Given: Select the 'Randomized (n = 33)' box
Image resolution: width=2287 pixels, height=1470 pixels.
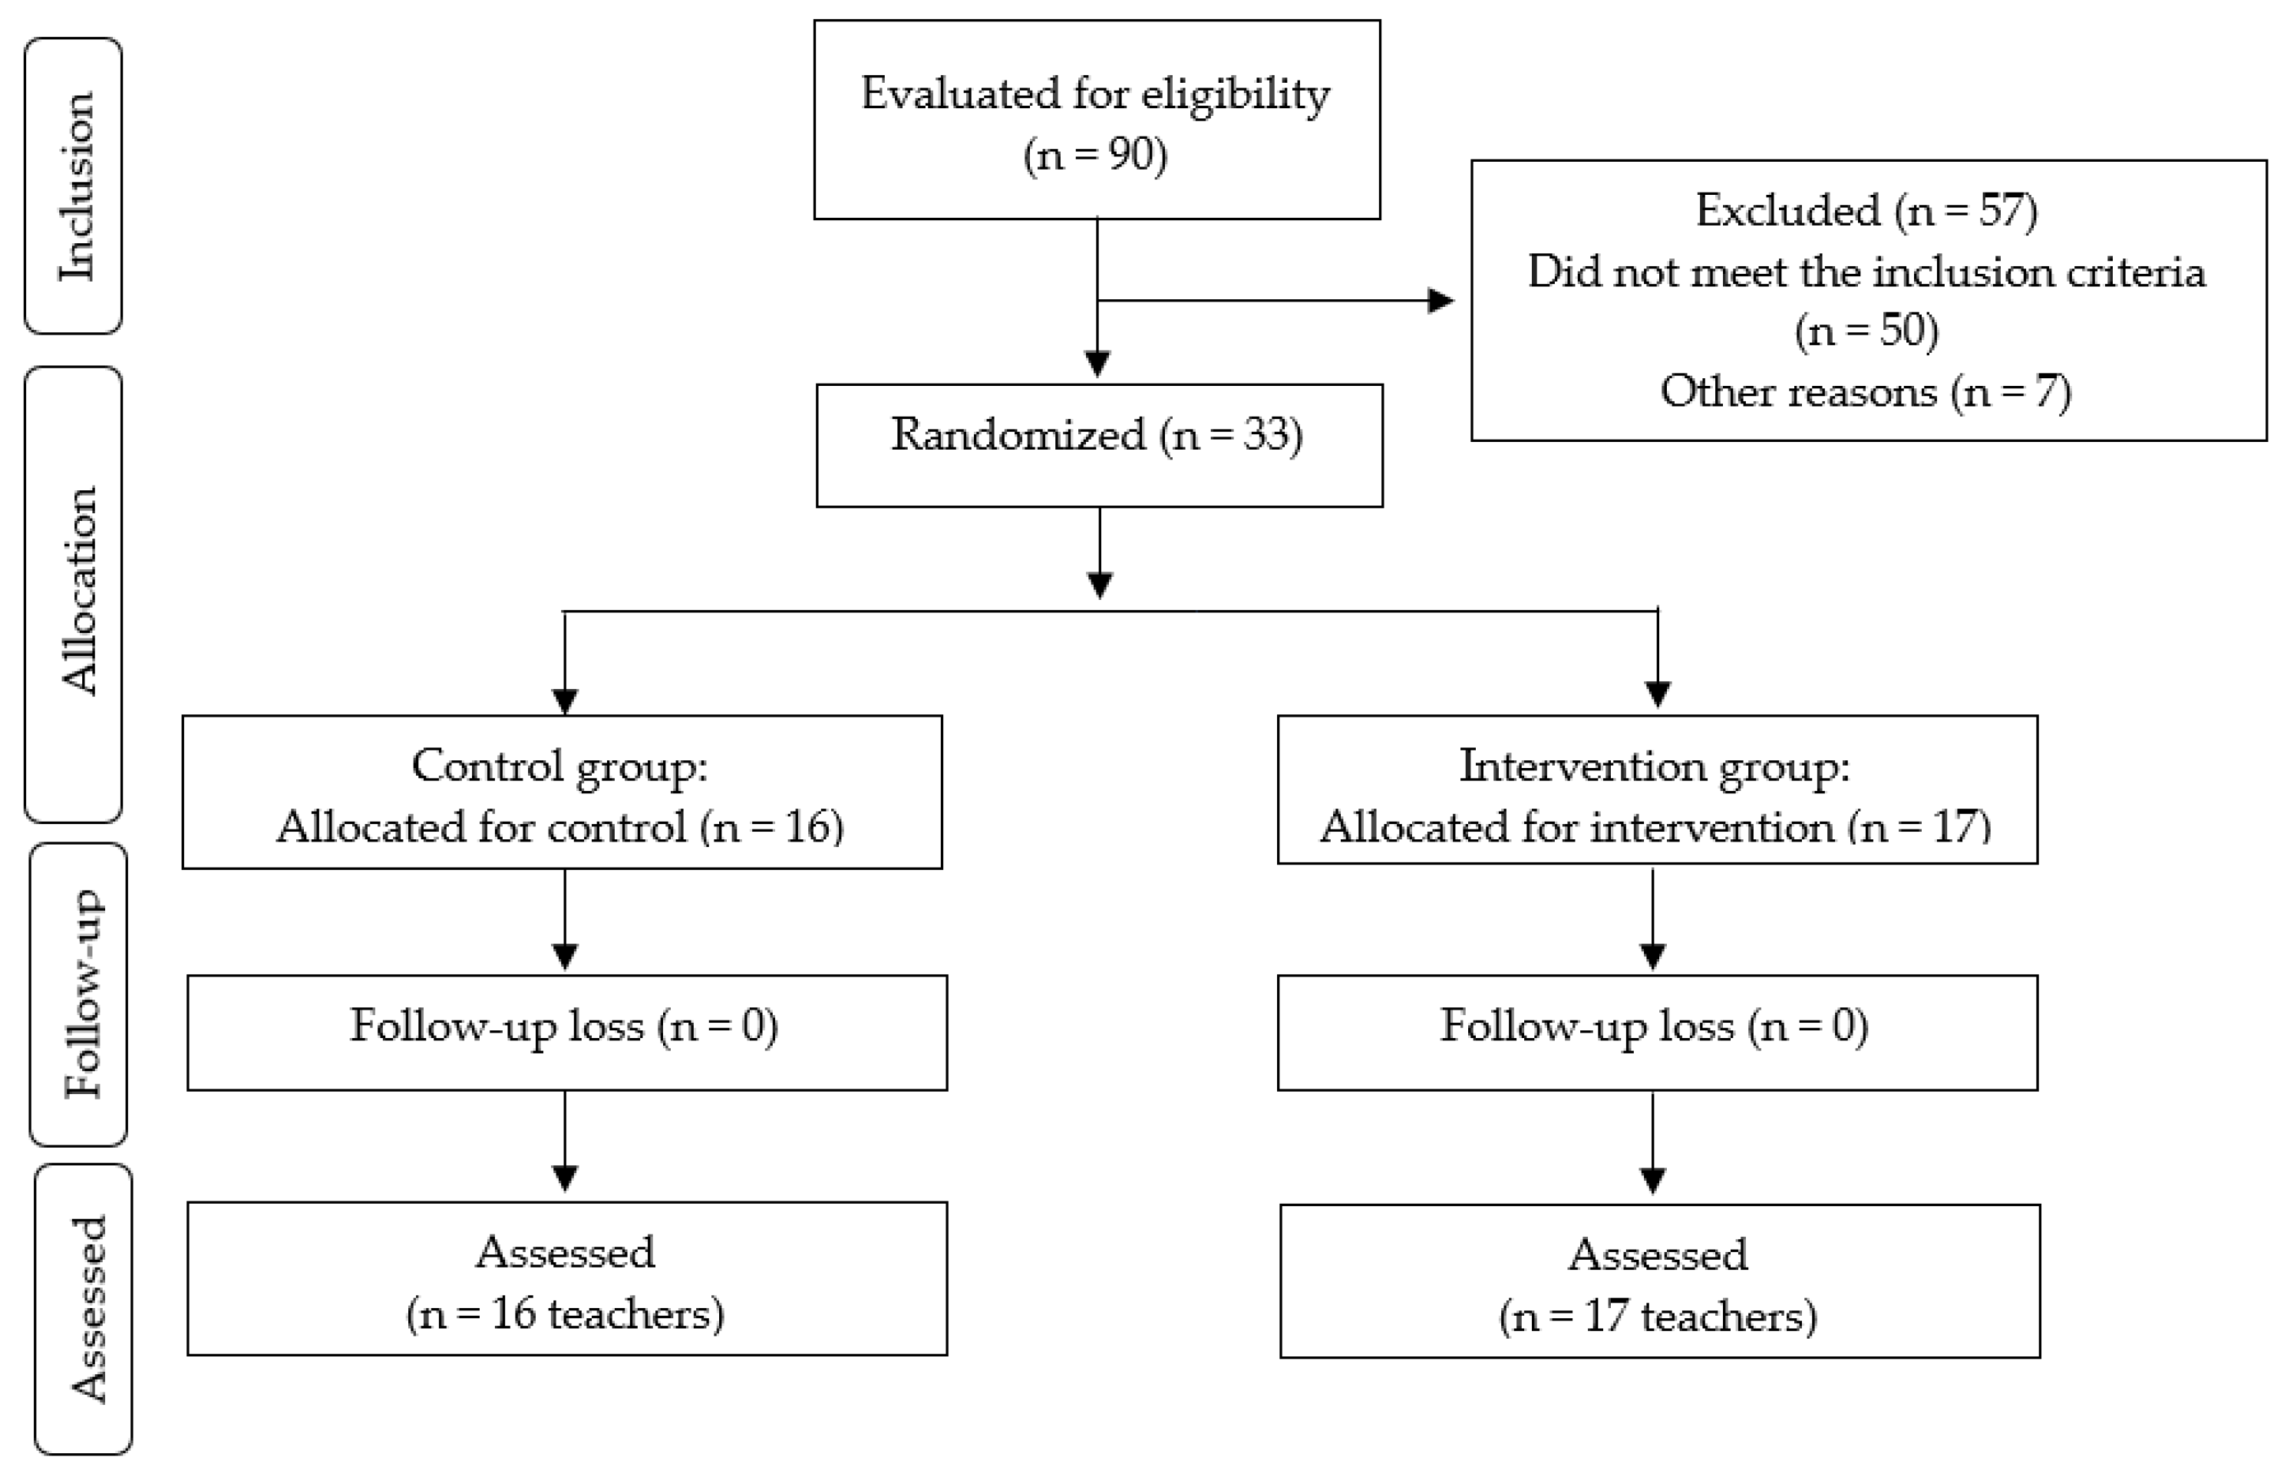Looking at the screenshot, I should (1098, 445).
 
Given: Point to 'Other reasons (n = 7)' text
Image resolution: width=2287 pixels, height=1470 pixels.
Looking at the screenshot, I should (1865, 392).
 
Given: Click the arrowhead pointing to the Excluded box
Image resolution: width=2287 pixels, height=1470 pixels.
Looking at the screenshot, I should (1441, 301).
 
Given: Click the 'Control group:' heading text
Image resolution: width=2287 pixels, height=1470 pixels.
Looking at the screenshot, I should (559, 766).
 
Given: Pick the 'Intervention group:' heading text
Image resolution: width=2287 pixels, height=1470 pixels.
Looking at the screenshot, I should (1654, 766).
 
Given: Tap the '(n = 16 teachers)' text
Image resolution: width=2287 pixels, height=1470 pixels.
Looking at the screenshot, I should (566, 1315).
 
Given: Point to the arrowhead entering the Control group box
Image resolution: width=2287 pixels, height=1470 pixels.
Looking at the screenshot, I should (566, 700).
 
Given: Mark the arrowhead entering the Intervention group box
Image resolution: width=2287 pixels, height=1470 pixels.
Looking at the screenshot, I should (1658, 695).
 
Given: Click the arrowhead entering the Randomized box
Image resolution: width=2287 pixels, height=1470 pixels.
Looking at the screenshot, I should (1098, 364).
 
